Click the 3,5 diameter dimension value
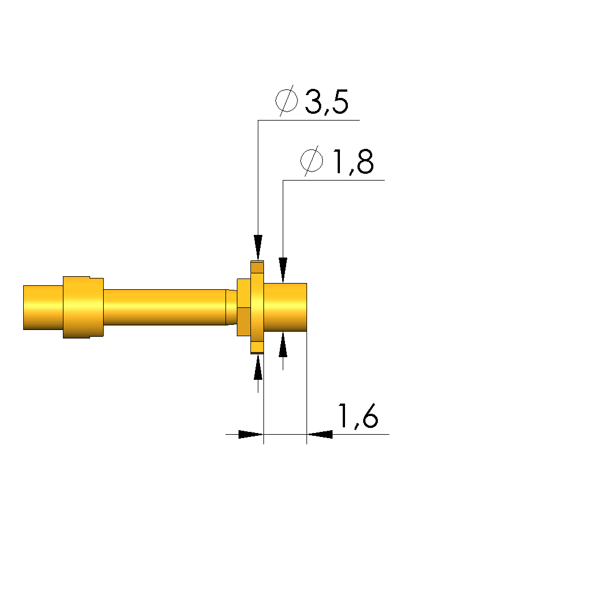point(326,102)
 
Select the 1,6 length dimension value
point(358,416)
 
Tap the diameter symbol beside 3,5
point(286,101)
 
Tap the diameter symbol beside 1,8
point(312,160)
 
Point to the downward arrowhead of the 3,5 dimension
point(258,247)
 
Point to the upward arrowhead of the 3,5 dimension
point(258,367)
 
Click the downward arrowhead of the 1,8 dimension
point(283,270)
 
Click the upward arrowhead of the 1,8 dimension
point(283,344)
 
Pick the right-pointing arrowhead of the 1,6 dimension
point(251,434)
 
